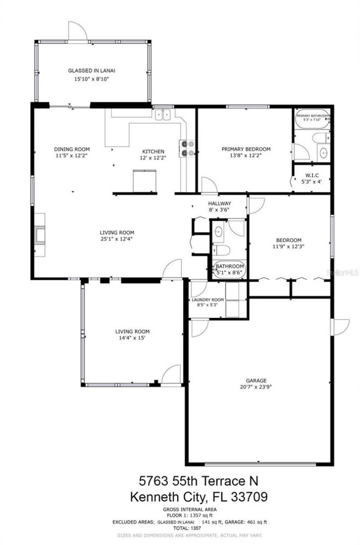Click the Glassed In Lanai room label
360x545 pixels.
92,71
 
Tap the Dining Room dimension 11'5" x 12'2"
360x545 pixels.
72,156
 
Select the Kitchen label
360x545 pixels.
153,151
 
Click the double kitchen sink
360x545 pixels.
163,115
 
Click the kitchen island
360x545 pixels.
144,180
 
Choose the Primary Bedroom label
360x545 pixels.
246,149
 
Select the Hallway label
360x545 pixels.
219,203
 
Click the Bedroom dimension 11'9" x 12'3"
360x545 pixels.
288,246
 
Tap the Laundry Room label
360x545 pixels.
207,300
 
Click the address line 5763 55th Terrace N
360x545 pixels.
198,481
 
